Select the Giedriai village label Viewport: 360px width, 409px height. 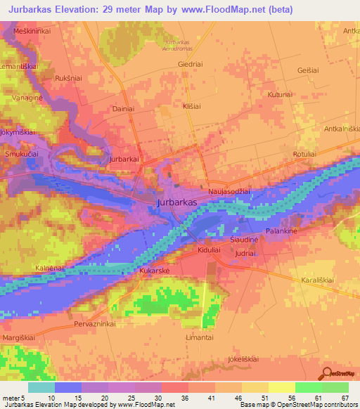[x=191, y=63]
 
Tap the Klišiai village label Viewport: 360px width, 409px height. [x=192, y=106]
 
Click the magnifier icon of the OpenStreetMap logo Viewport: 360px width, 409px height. [x=325, y=372]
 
